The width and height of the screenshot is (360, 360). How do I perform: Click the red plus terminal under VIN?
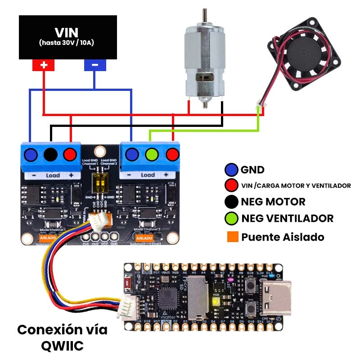point(43,65)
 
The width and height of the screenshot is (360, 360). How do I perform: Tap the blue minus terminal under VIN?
point(95,65)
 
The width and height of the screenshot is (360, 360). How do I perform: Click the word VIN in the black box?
point(67,32)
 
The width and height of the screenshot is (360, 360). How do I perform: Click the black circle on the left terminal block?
point(51,155)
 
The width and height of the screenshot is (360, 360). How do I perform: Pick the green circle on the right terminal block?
point(151,155)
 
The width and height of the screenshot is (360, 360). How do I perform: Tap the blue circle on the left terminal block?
point(31,155)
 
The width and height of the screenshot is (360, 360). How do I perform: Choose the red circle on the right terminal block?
point(172,155)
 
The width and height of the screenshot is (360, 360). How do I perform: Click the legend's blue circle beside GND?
point(231,170)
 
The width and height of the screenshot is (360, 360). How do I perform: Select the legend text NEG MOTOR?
point(273,202)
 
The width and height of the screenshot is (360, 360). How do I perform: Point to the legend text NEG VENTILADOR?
point(287,219)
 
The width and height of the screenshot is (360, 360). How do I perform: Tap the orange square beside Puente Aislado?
point(233,237)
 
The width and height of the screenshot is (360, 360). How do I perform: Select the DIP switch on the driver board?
point(100,182)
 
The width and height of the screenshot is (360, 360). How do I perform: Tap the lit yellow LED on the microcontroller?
point(216,302)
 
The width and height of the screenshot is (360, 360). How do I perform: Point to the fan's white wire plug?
point(259,106)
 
